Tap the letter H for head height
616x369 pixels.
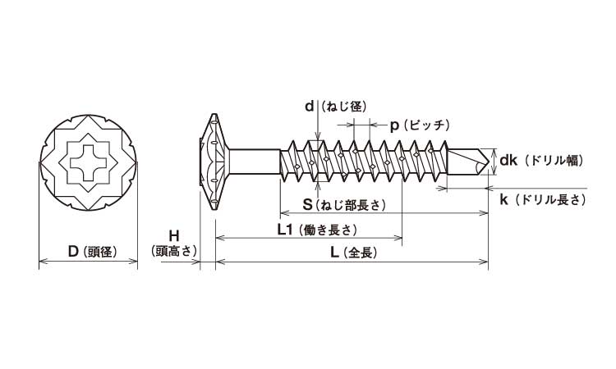coord(173,235)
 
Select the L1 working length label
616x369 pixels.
coord(286,230)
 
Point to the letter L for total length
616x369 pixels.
coord(334,253)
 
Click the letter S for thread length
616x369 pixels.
coord(306,204)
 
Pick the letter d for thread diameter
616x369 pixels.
coord(309,107)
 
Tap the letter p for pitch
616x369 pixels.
coord(394,125)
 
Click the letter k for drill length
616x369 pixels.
coord(503,199)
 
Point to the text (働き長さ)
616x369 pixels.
coord(328,230)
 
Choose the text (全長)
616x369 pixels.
coord(361,254)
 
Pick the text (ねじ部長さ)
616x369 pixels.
coord(351,205)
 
